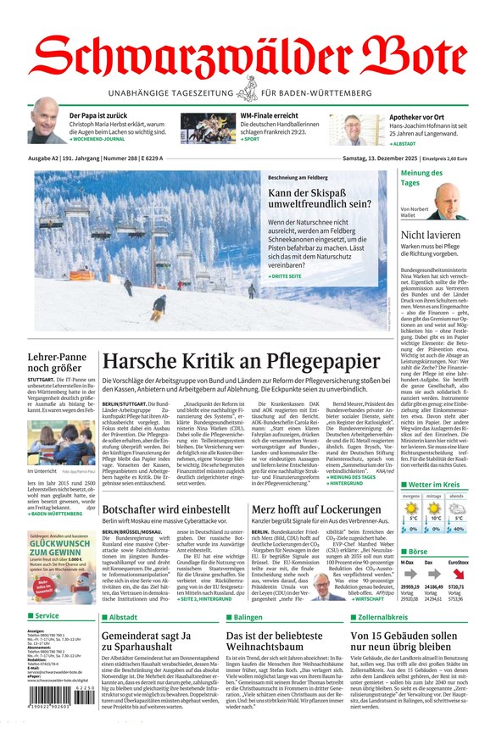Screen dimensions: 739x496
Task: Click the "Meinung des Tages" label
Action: click(421, 178)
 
